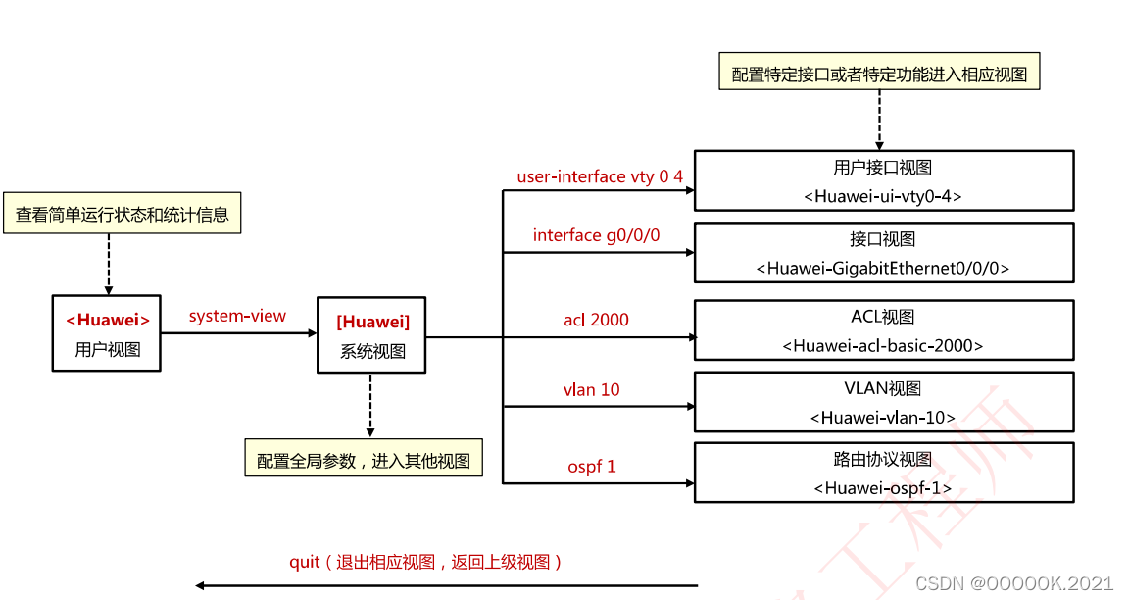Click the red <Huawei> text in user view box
tap(107, 320)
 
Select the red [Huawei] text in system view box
tap(372, 322)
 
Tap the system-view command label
tap(237, 316)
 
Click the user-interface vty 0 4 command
tap(600, 176)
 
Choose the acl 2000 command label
tap(596, 320)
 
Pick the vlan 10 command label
tap(591, 389)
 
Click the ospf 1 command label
tap(592, 466)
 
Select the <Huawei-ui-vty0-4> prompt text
tap(883, 196)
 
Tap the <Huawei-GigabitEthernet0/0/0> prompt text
tap(883, 268)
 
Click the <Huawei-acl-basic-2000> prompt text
tap(883, 345)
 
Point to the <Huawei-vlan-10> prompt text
tap(883, 417)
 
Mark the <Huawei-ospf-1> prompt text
tap(883, 487)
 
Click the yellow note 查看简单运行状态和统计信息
tap(123, 214)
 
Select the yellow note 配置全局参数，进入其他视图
tap(364, 461)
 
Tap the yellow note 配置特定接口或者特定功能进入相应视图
tap(879, 74)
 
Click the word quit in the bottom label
tap(305, 562)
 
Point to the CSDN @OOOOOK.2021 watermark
tap(1014, 583)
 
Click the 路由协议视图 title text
tap(883, 460)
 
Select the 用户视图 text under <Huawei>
tap(107, 349)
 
